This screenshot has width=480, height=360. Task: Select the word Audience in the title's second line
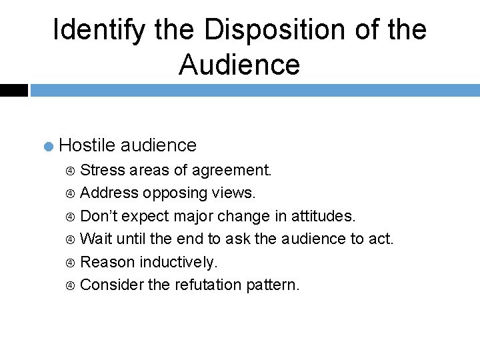click(x=239, y=65)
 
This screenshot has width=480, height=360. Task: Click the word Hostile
click(x=87, y=145)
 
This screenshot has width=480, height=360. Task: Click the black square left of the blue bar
click(x=13, y=90)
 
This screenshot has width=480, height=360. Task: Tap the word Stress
click(x=103, y=170)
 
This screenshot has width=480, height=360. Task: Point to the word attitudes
click(x=323, y=215)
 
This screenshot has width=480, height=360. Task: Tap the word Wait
click(x=95, y=239)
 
